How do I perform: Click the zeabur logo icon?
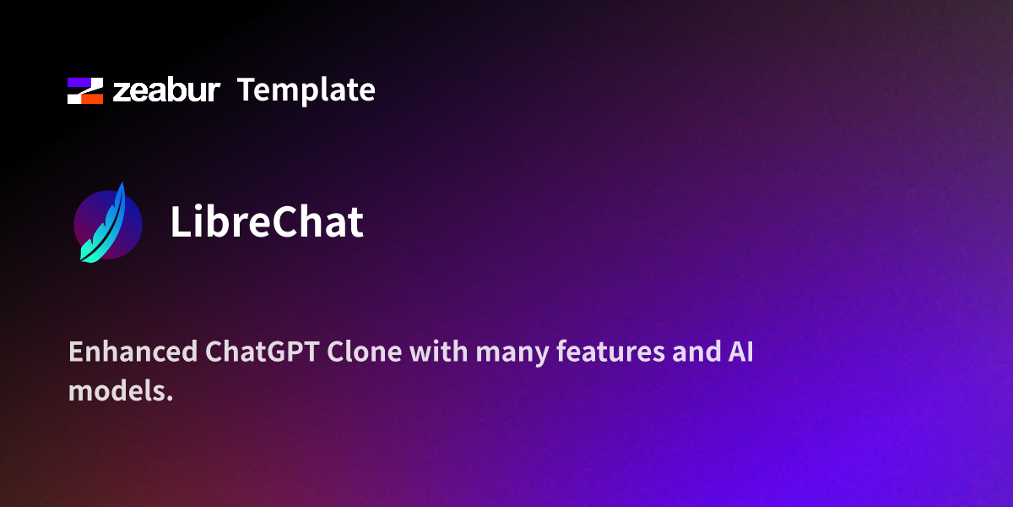tap(85, 90)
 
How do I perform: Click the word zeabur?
tap(166, 90)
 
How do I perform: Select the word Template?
tap(306, 90)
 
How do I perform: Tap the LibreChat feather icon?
tap(106, 223)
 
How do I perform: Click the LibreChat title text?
tap(267, 222)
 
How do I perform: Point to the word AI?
tap(739, 352)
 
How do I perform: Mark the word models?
tap(116, 391)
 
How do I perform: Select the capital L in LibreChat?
tap(179, 222)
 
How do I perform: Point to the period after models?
tap(169, 398)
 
